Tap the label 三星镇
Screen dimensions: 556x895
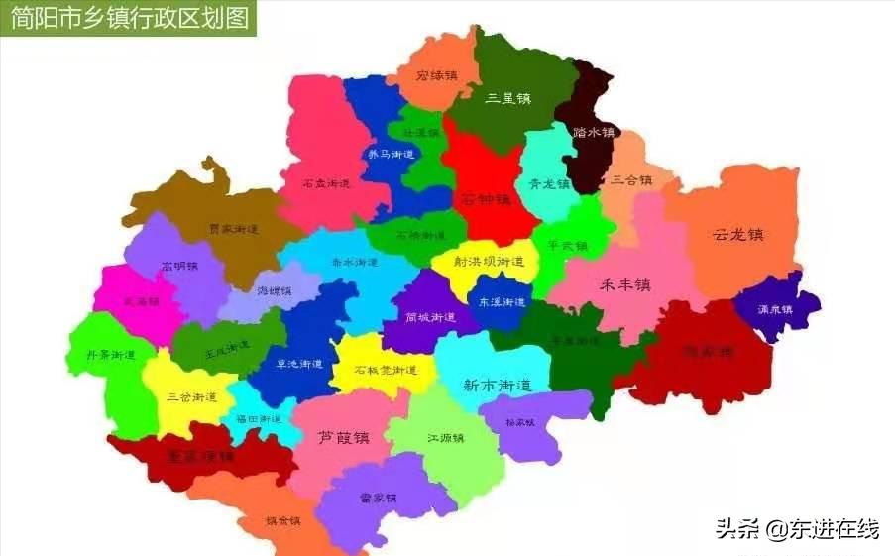pyautogui.click(x=508, y=98)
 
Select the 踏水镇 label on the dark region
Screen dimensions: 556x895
pyautogui.click(x=594, y=132)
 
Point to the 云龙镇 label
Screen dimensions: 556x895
pyautogui.click(x=738, y=235)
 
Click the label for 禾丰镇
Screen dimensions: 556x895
pyautogui.click(x=625, y=285)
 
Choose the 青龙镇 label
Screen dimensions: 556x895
pyautogui.click(x=549, y=184)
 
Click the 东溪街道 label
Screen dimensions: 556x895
pyautogui.click(x=502, y=302)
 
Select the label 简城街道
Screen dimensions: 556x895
pyautogui.click(x=430, y=318)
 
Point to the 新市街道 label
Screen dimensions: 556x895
pyautogui.click(x=498, y=385)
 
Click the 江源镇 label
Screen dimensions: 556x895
pyautogui.click(x=446, y=437)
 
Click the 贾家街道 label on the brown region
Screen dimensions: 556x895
pyautogui.click(x=234, y=229)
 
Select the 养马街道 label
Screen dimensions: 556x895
pyautogui.click(x=390, y=155)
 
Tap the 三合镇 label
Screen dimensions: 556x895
pyautogui.click(x=631, y=180)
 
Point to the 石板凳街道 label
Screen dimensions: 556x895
pyautogui.click(x=386, y=370)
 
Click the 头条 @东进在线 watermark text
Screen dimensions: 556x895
pyautogui.click(x=797, y=529)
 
